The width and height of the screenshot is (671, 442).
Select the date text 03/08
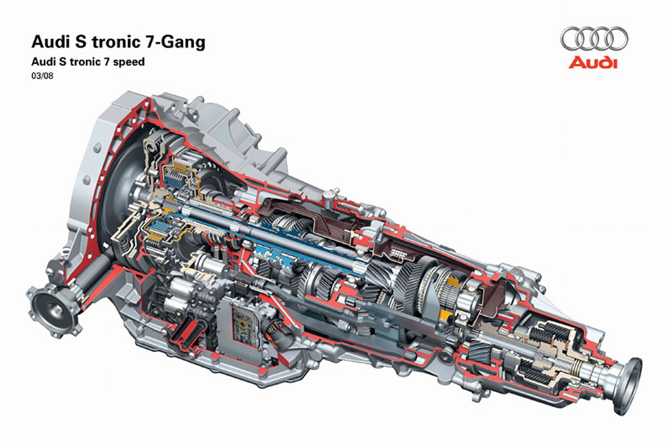(x=42, y=76)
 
